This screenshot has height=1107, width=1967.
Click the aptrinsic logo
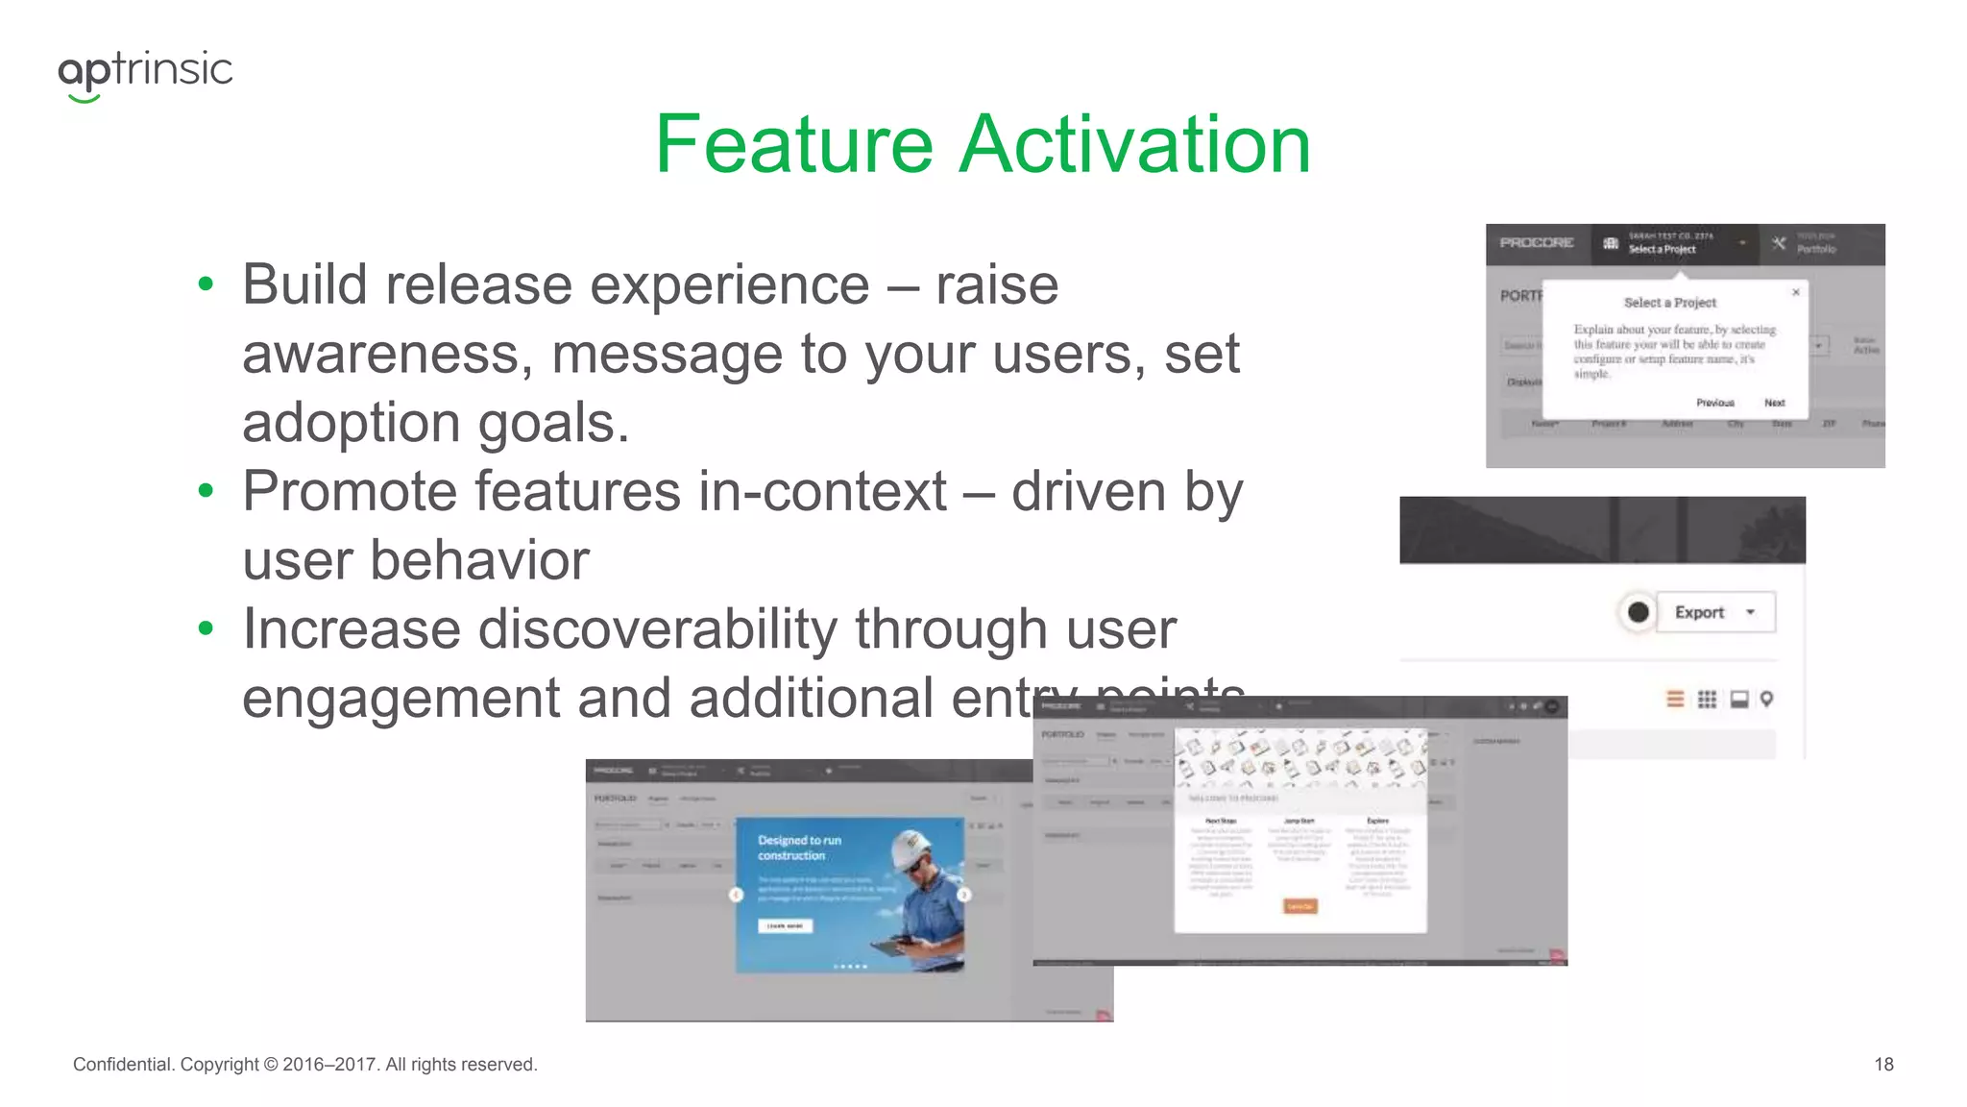tap(145, 73)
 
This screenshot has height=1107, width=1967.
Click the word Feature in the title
tap(793, 145)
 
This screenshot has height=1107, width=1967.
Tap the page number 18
tap(1883, 1065)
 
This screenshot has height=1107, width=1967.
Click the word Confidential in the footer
tap(123, 1065)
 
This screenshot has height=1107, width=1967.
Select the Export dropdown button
tap(1715, 612)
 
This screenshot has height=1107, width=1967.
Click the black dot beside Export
tap(1639, 612)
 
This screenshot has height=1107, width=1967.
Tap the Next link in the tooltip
tap(1774, 403)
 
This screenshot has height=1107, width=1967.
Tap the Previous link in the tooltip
tap(1714, 403)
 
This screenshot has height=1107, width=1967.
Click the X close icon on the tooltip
tap(1795, 292)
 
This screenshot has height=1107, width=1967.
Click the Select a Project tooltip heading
tap(1669, 303)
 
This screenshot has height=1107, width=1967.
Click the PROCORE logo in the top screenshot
tap(1537, 243)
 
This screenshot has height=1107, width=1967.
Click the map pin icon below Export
tap(1766, 700)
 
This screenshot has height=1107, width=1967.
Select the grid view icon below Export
tap(1707, 700)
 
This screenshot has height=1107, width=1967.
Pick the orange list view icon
tap(1675, 700)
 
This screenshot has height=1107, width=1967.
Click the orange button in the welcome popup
tap(1299, 906)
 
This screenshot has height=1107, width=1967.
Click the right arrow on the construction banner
tap(963, 895)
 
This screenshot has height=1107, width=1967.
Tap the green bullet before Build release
tap(205, 284)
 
